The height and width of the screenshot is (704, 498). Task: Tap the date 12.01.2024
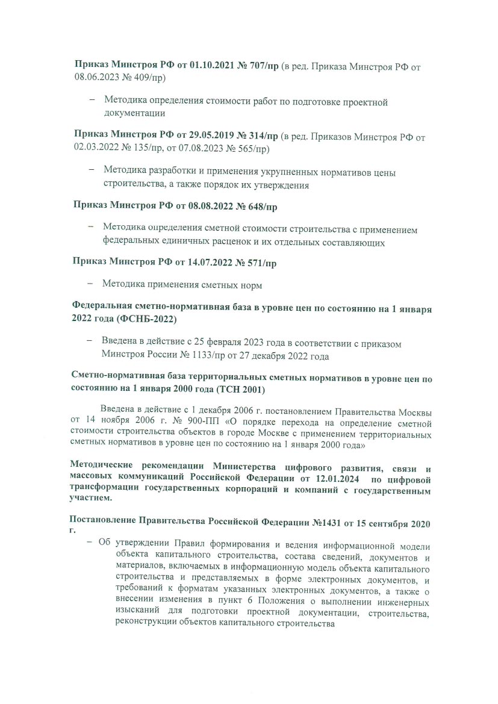click(x=334, y=479)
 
